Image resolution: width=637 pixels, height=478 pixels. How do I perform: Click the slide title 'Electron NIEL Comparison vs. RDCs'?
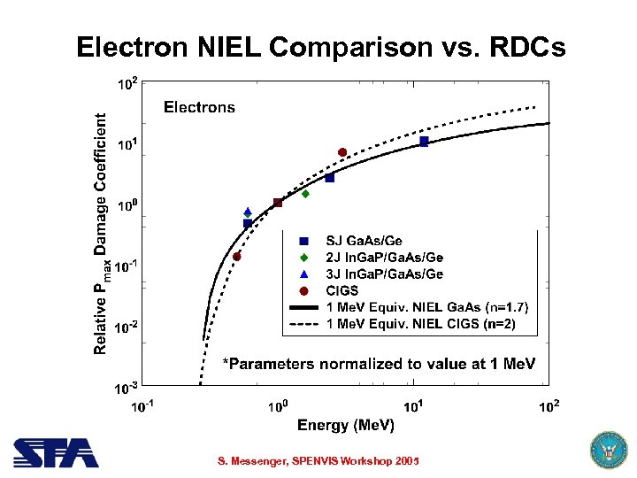click(x=319, y=47)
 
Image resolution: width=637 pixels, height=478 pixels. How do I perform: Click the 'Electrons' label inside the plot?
click(x=199, y=107)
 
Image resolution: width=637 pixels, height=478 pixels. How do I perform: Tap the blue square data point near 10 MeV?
click(x=424, y=142)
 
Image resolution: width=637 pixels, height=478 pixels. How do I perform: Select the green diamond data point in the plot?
click(x=305, y=193)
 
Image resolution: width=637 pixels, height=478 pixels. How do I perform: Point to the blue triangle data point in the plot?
click(x=248, y=212)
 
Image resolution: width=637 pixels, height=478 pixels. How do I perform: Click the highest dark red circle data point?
click(x=342, y=152)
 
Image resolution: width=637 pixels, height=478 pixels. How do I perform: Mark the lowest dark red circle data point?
click(x=237, y=257)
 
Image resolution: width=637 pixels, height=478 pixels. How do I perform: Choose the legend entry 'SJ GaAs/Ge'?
click(x=364, y=241)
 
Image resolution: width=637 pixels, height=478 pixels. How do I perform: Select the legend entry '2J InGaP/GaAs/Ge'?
click(x=384, y=258)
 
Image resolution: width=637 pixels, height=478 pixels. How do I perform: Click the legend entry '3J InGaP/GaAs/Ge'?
click(x=384, y=274)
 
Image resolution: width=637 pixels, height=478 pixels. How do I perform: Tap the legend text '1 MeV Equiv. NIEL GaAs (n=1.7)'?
click(x=427, y=307)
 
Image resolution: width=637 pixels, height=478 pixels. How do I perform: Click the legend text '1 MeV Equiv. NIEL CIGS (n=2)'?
click(x=420, y=324)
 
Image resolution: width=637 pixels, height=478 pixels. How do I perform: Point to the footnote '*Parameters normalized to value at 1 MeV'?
click(x=378, y=364)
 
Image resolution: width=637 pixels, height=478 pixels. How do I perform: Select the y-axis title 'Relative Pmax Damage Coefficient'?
click(x=103, y=232)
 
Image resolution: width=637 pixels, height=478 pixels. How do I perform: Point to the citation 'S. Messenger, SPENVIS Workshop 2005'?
click(x=318, y=461)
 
